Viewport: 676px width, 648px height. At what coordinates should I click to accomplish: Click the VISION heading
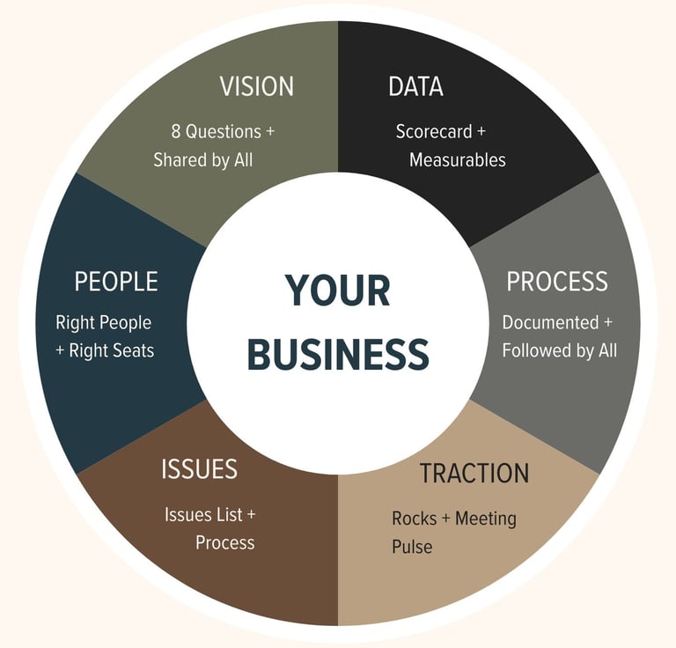pyautogui.click(x=256, y=86)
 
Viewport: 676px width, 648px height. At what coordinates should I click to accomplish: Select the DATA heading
pyautogui.click(x=415, y=86)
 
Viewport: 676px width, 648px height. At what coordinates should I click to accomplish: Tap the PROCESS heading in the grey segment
pyautogui.click(x=556, y=282)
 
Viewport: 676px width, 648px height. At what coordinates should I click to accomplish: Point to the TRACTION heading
pyautogui.click(x=474, y=474)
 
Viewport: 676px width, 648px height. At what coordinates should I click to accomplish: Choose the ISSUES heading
pyautogui.click(x=199, y=469)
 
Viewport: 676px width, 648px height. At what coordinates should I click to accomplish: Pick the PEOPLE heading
pyautogui.click(x=116, y=282)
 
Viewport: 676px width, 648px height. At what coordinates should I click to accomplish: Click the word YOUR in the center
pyautogui.click(x=337, y=291)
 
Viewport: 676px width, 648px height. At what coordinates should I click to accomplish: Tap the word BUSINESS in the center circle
pyautogui.click(x=338, y=353)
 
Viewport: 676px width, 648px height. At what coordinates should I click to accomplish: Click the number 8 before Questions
pyautogui.click(x=176, y=131)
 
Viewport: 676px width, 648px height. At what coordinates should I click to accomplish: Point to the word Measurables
pyautogui.click(x=458, y=160)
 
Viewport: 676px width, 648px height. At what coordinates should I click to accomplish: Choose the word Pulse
pyautogui.click(x=412, y=547)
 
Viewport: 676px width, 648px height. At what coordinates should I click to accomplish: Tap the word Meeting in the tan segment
pyautogui.click(x=485, y=518)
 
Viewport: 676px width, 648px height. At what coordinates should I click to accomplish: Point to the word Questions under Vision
pyautogui.click(x=223, y=131)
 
